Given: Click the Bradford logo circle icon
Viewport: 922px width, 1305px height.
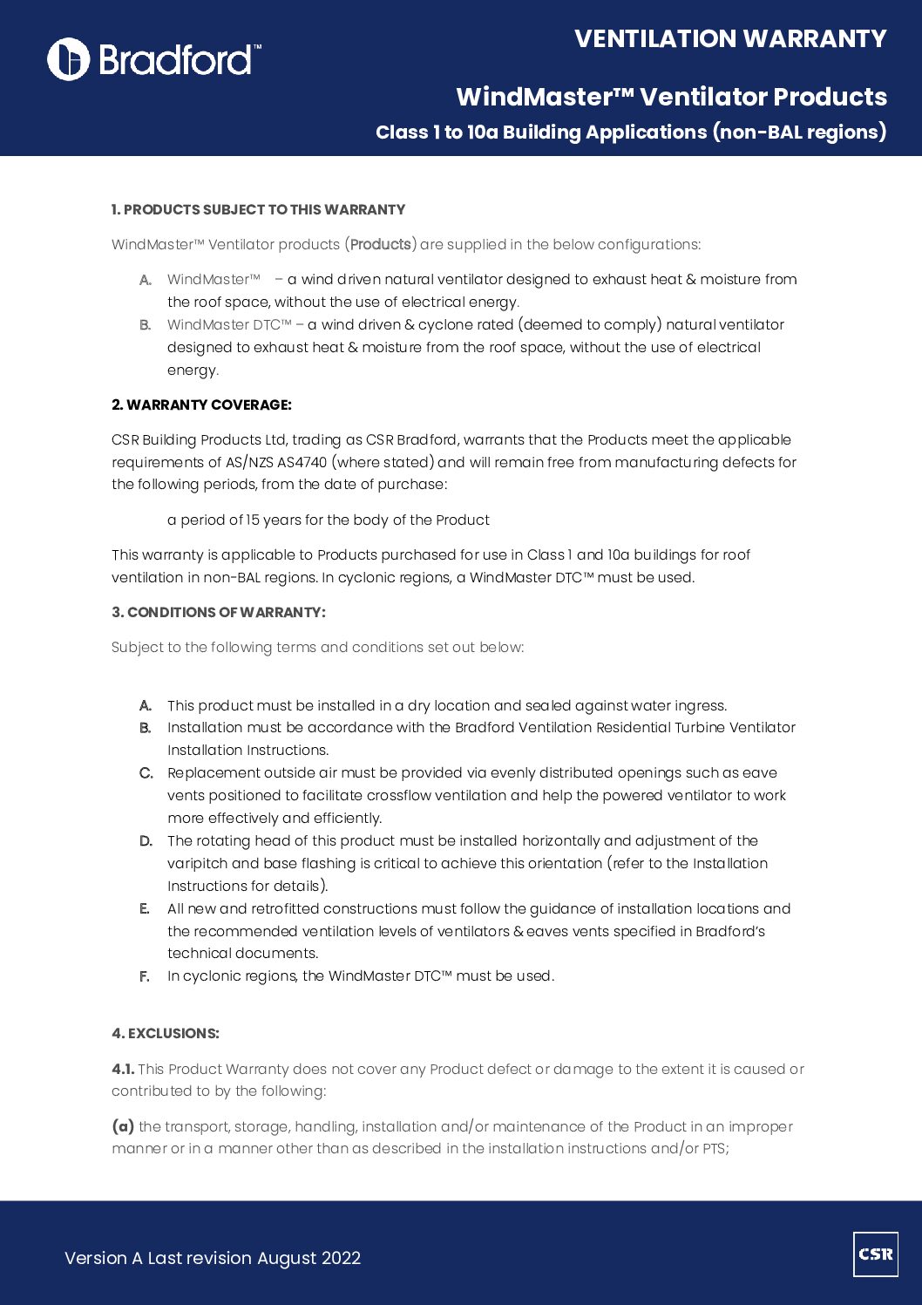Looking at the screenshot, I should click(68, 59).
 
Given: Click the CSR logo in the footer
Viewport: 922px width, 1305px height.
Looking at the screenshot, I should click(875, 1254).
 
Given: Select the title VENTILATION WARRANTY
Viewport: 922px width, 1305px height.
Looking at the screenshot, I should click(730, 39).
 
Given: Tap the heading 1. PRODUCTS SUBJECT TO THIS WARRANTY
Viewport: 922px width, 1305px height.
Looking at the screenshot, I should click(258, 209).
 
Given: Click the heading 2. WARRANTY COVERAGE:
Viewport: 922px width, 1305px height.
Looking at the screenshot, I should click(201, 404).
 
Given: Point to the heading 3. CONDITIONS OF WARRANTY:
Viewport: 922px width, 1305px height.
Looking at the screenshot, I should click(218, 612).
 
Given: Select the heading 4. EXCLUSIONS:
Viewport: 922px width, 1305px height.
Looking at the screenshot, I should click(165, 1033).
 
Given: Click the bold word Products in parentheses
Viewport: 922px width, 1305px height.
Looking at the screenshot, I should click(380, 244).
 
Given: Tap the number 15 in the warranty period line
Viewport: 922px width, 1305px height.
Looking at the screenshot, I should click(253, 520).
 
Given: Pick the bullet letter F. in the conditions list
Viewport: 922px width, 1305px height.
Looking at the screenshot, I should click(145, 976).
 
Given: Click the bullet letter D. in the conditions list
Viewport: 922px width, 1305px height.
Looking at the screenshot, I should click(146, 841).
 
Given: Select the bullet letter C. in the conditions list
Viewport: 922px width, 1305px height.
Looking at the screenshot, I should click(146, 773).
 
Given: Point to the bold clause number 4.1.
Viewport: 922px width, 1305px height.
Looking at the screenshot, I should click(123, 1069).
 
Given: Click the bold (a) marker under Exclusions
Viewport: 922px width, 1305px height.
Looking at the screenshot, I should click(123, 1126).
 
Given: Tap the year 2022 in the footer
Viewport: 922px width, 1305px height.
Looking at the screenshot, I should click(341, 1258).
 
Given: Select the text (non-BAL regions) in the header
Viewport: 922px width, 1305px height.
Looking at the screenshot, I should click(799, 133).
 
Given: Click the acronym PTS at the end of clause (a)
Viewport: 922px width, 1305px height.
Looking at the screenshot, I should click(713, 1149).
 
